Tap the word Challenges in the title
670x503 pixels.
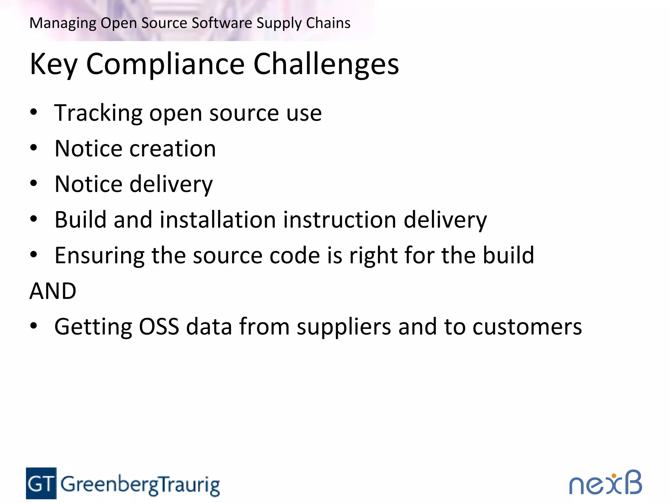point(326,64)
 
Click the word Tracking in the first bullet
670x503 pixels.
point(98,113)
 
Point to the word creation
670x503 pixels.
point(173,149)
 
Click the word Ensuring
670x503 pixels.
point(99,256)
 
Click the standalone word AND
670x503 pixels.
point(53,291)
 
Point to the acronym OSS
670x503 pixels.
point(159,326)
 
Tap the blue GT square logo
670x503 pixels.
point(41,483)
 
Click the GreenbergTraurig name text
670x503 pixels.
point(140,485)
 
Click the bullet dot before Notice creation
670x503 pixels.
point(33,148)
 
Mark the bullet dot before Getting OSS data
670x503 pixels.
point(33,326)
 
